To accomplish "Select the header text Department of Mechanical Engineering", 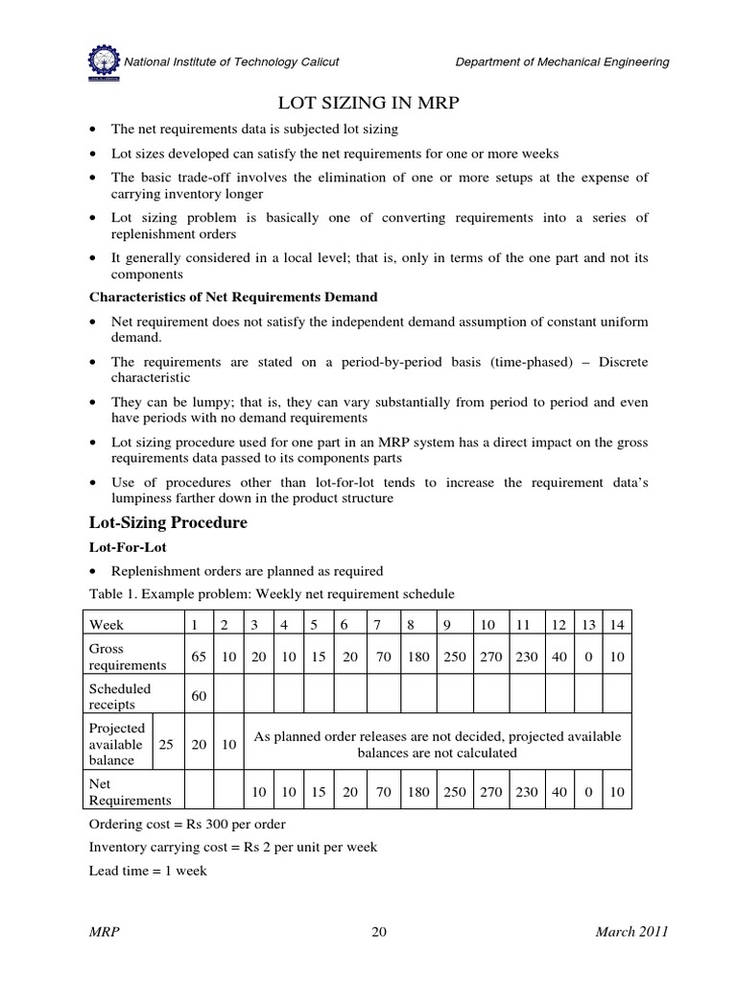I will (x=562, y=62).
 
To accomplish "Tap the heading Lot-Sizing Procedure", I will (x=168, y=523).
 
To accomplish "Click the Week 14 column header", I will (x=617, y=624).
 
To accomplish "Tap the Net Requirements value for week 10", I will (x=487, y=792).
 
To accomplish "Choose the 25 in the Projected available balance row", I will (x=165, y=745).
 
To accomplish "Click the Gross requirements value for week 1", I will (x=196, y=658).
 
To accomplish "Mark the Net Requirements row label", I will (x=130, y=792).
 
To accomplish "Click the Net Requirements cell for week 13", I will (x=588, y=792).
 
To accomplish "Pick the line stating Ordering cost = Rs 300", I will (x=186, y=825).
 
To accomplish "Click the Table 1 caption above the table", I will (x=271, y=594).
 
